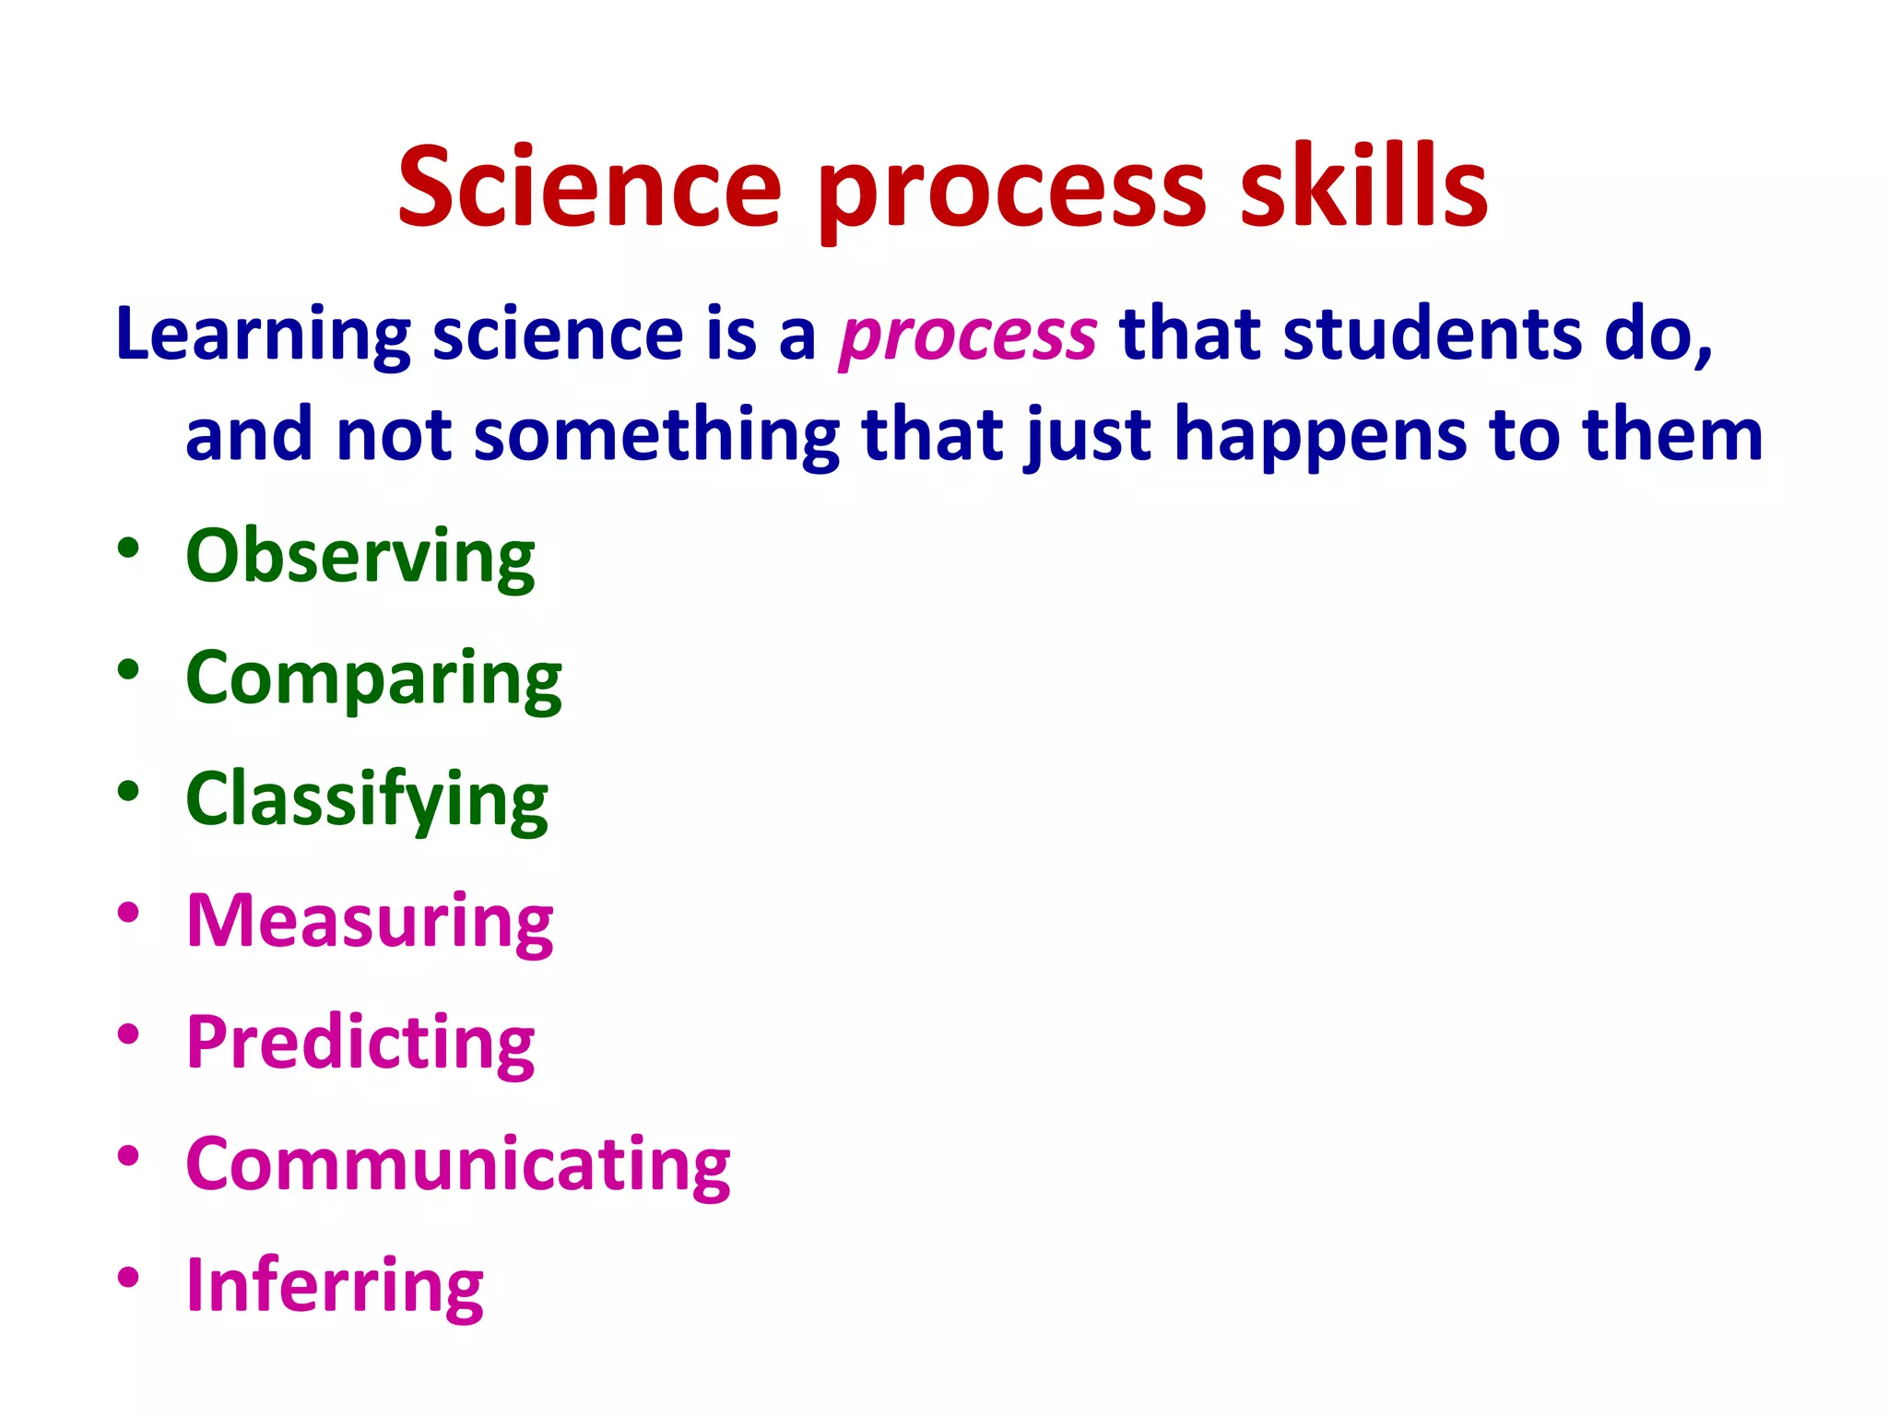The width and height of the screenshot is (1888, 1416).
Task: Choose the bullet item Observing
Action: [360, 557]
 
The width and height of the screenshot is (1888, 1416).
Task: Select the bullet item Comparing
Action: [373, 679]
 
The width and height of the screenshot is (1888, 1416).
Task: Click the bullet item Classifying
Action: [367, 800]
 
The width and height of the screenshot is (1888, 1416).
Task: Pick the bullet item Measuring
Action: [370, 921]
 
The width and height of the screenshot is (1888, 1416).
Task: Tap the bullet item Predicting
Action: [360, 1043]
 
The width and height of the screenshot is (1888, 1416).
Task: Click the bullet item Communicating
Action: [458, 1164]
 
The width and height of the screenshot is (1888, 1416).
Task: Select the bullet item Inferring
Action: [335, 1285]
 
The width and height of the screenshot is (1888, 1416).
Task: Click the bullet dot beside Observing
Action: [128, 549]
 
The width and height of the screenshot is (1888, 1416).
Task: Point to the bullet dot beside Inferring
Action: [128, 1277]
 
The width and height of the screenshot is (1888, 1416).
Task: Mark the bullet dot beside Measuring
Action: [128, 913]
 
